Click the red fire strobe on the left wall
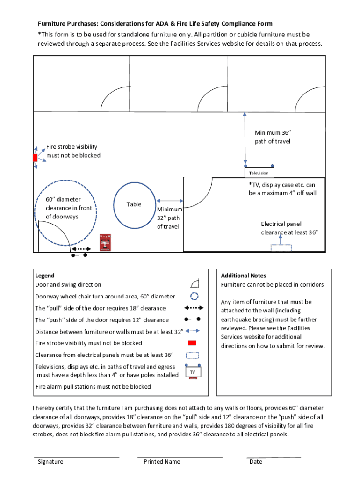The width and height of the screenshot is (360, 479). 35,158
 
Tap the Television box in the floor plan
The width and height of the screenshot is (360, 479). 259,173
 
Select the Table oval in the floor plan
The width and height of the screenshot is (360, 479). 134,204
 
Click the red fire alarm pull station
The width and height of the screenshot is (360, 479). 105,243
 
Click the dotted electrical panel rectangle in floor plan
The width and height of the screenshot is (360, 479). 281,248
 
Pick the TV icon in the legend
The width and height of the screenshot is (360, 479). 193,372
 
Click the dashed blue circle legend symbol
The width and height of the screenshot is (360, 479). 195,296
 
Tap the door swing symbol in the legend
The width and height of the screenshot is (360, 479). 195,283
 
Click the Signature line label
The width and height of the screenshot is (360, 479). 50,462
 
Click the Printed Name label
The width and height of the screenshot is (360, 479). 162,462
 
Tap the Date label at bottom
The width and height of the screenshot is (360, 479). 256,462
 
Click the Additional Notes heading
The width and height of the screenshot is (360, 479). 244,276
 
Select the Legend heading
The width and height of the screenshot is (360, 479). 45,276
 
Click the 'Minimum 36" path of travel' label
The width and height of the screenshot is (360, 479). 273,137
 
